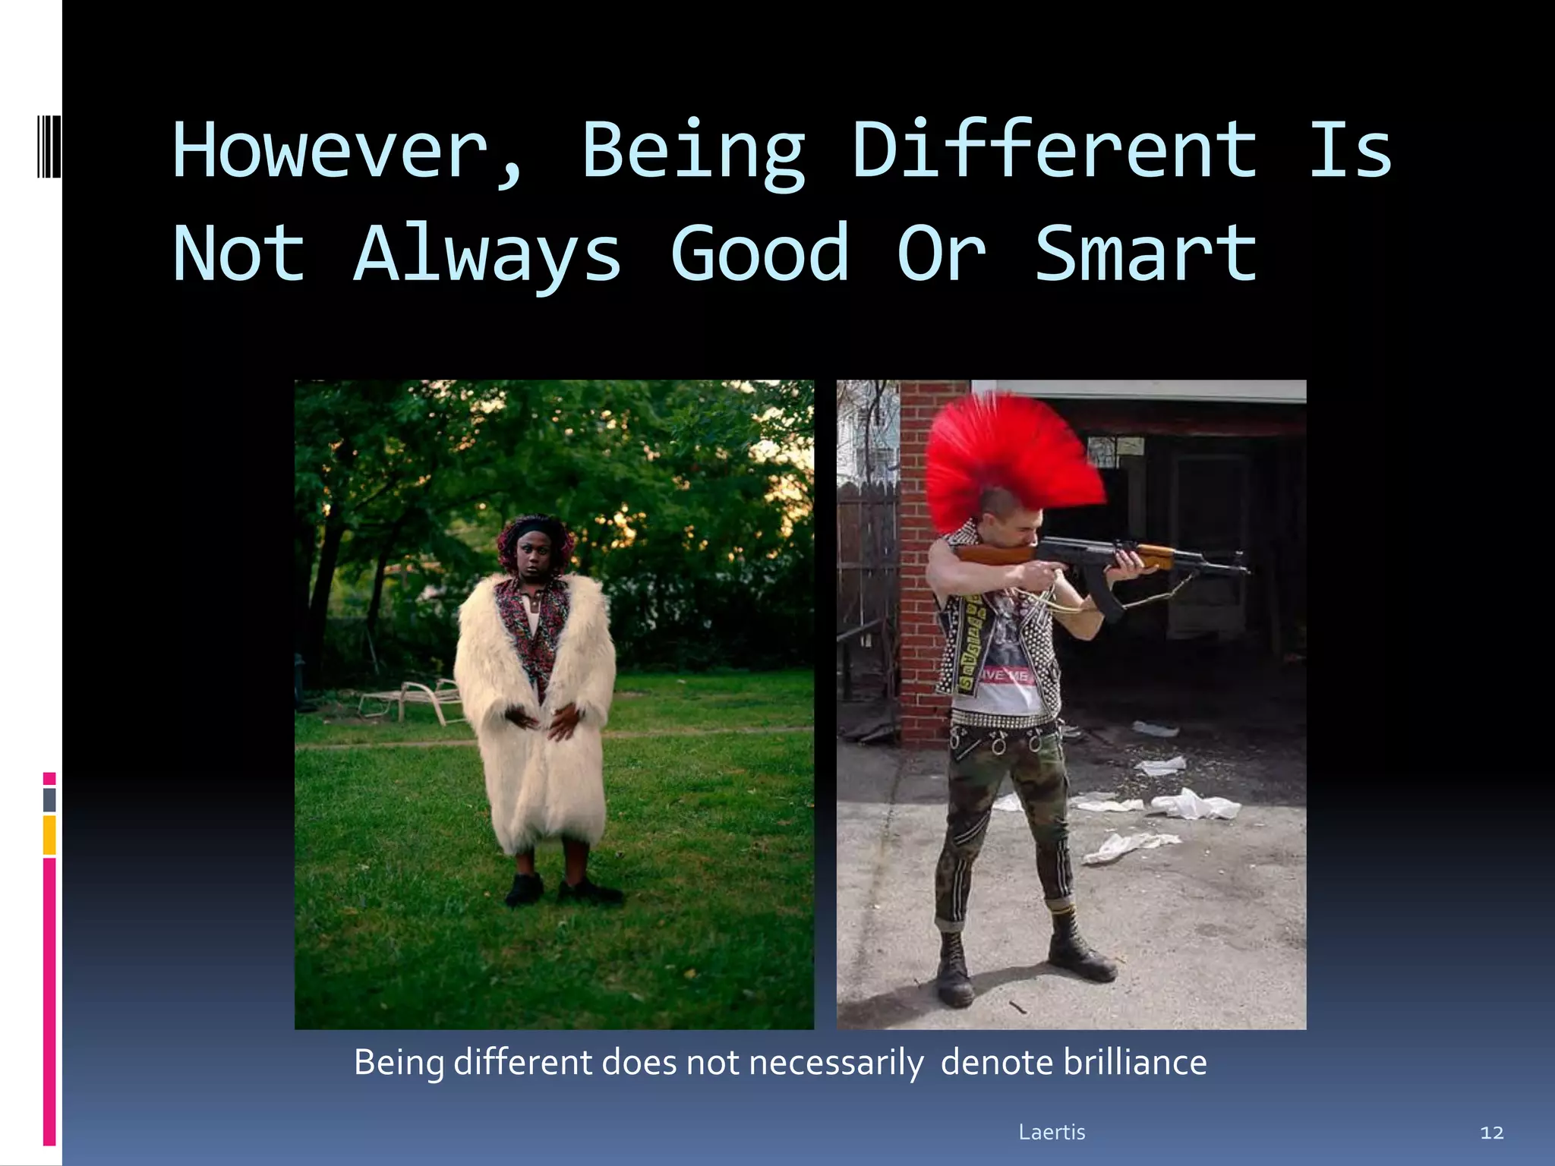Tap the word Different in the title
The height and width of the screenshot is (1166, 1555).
pyautogui.click(x=1054, y=150)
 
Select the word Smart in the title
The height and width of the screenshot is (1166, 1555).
pyautogui.click(x=1146, y=254)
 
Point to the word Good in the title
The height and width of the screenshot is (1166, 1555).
pyautogui.click(x=759, y=254)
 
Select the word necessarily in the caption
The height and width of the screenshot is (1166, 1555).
pyautogui.click(x=836, y=1063)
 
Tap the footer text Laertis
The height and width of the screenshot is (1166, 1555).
pyautogui.click(x=1052, y=1132)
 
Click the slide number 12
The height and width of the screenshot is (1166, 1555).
pyautogui.click(x=1491, y=1133)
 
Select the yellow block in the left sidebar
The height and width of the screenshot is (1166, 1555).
pyautogui.click(x=49, y=834)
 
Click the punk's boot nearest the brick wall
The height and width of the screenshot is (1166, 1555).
pyautogui.click(x=954, y=972)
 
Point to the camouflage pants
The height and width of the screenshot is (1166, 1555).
pyautogui.click(x=1002, y=820)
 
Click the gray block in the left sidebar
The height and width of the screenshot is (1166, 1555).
pyautogui.click(x=49, y=799)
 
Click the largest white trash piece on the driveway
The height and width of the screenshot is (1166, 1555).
pyautogui.click(x=1196, y=805)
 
